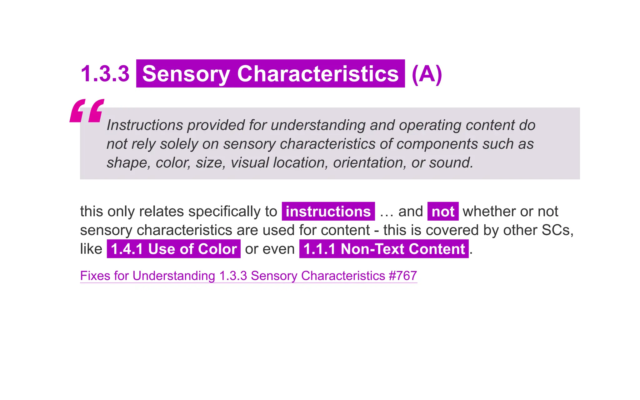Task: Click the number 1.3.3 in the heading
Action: [x=105, y=74]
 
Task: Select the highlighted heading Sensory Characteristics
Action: [x=270, y=74]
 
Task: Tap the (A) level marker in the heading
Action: [x=427, y=74]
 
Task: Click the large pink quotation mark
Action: [x=87, y=111]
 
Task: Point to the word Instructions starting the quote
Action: [x=145, y=125]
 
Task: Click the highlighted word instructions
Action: [x=328, y=212]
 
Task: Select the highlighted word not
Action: [x=443, y=212]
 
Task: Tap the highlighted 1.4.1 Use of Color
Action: [x=174, y=249]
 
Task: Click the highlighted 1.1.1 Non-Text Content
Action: [x=384, y=249]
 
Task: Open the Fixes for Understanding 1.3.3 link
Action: [x=248, y=276]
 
